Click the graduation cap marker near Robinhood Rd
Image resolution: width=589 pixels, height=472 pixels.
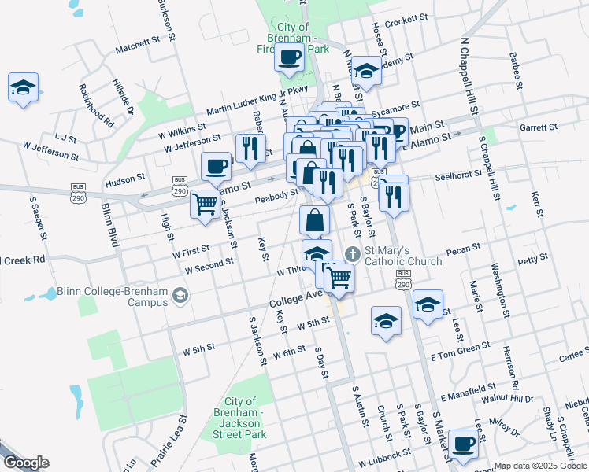click(x=24, y=87)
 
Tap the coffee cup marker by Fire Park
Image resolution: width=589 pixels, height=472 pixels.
click(x=290, y=57)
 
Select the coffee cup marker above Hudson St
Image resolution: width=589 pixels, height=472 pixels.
click(x=216, y=166)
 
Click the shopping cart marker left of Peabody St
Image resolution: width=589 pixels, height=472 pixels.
click(x=206, y=204)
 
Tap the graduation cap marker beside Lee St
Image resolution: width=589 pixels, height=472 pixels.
click(x=428, y=304)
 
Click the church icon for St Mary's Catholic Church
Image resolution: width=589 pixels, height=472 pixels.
click(x=354, y=253)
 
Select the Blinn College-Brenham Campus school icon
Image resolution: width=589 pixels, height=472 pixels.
click(x=180, y=296)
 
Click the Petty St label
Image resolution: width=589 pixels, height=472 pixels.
click(x=533, y=258)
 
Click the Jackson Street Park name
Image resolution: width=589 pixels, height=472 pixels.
click(x=245, y=418)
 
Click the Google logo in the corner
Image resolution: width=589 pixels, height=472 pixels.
click(x=25, y=463)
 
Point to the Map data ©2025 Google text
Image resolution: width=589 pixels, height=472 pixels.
click(x=540, y=466)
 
